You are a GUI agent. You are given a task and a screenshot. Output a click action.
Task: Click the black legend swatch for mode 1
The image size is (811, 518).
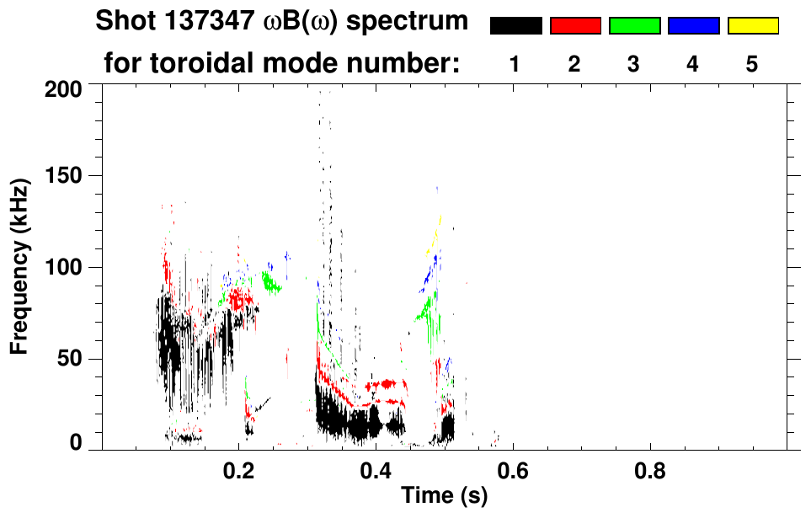[x=515, y=26]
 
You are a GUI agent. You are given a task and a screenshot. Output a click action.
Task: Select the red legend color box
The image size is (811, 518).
[x=575, y=26]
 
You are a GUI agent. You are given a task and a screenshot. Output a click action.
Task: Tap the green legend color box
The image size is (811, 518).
[x=634, y=26]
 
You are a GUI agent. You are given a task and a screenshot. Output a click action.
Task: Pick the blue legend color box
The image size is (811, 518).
[x=693, y=26]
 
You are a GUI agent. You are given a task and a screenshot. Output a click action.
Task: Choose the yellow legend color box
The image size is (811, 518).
[x=752, y=26]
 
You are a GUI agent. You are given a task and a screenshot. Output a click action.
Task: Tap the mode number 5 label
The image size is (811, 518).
[x=752, y=64]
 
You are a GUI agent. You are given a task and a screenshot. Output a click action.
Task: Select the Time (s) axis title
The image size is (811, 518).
[x=444, y=496]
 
